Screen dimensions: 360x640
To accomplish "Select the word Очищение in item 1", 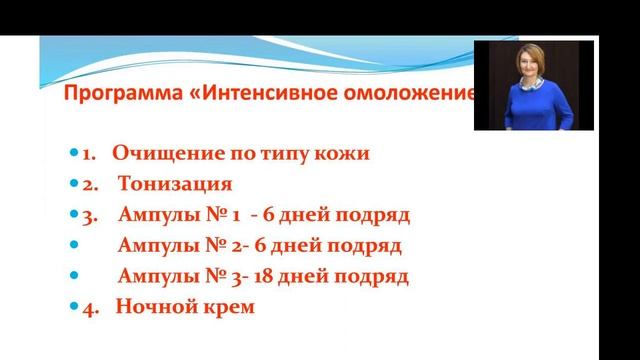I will point(162,154).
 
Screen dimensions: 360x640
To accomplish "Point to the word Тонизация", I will point(175,184).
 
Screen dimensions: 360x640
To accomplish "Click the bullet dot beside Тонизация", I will point(74,185).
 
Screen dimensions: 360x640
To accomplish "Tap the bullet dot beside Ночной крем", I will point(74,307).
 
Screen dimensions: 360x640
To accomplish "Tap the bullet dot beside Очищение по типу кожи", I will point(74,155).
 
